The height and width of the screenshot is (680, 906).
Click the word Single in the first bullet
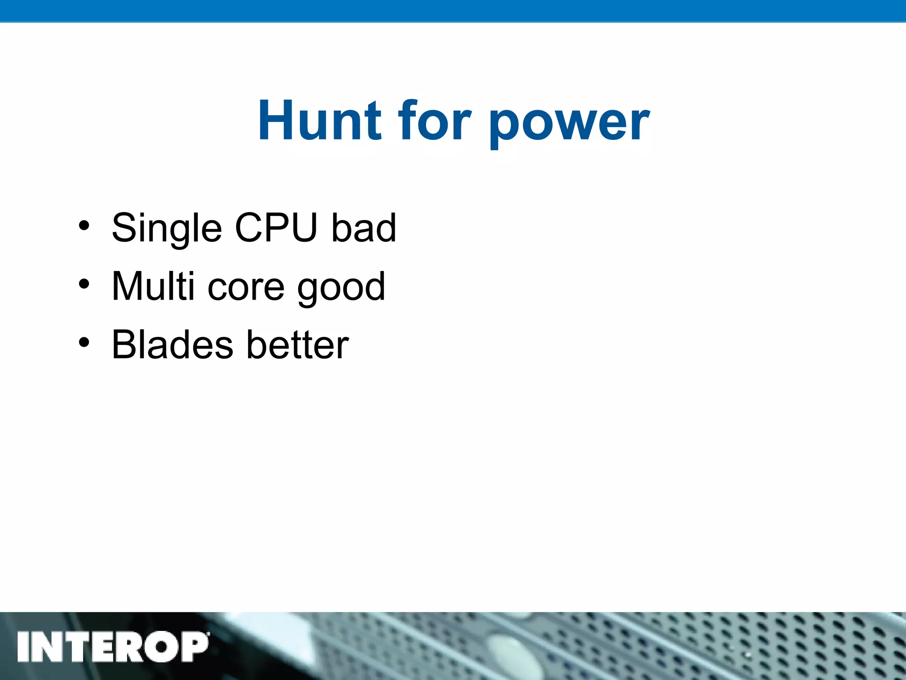point(166,229)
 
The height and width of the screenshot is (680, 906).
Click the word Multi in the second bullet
point(153,286)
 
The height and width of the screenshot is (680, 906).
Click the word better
point(298,345)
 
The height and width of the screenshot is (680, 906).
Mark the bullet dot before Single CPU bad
point(84,226)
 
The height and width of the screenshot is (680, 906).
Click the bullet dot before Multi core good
point(84,284)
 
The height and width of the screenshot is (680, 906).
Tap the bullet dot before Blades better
point(84,342)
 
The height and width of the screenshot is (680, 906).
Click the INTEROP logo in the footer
point(113,647)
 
